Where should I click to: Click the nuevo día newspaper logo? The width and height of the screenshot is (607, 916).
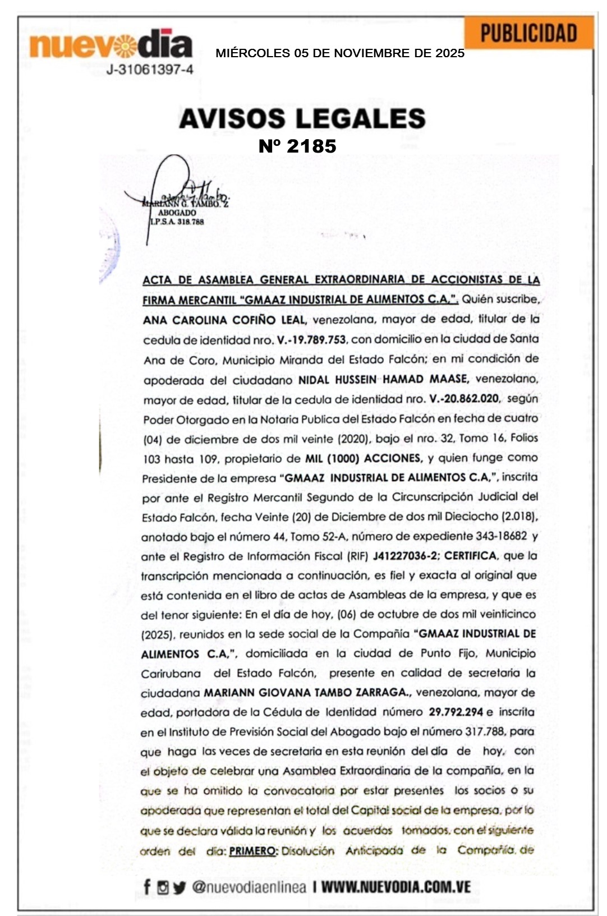pos(111,45)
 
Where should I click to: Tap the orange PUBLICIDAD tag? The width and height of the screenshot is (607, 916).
pos(528,33)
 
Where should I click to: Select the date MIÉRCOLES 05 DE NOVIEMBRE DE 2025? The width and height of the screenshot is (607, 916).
pos(340,53)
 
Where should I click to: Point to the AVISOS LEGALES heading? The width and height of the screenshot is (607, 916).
pos(302,118)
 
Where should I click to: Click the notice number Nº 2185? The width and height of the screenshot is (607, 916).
pos(297,146)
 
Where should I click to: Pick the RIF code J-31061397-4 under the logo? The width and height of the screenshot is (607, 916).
pos(150,70)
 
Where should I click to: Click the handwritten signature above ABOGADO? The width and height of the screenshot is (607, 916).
pos(180,191)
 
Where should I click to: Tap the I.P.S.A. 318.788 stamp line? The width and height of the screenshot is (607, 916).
pos(177,222)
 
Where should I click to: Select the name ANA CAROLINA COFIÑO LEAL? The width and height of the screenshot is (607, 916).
pos(224,320)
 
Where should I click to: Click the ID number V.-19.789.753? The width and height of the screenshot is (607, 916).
pos(311,340)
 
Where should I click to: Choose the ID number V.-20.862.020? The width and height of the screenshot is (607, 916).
pos(464,399)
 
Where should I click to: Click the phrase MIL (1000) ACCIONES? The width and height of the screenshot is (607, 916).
pos(363,458)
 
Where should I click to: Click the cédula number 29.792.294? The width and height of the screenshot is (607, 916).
pos(456,712)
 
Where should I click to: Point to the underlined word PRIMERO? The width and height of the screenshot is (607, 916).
pos(253,851)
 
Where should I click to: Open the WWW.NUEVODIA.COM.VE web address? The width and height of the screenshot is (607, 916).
pos(396,887)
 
